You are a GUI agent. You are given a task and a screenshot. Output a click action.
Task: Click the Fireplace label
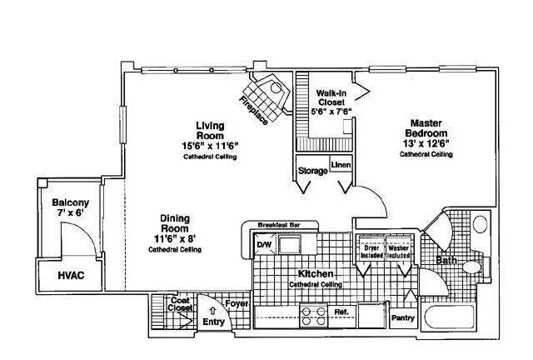point(253,110)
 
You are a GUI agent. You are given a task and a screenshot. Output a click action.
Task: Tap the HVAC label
point(71,275)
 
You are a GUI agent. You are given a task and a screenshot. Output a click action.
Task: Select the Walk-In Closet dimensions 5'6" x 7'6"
point(331,111)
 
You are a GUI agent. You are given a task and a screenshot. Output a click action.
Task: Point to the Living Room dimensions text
point(210,146)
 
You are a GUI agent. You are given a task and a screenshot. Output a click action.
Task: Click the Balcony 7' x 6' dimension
point(70,213)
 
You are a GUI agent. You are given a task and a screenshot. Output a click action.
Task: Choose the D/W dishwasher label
point(264,244)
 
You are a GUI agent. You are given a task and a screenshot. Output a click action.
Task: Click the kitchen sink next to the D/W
point(289,245)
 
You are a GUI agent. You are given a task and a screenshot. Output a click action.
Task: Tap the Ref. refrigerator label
point(341,312)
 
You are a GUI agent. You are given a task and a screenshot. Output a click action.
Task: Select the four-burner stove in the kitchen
point(313,317)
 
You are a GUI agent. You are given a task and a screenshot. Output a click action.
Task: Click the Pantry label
point(403,318)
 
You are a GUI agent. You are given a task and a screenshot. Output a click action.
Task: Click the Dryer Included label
point(371,252)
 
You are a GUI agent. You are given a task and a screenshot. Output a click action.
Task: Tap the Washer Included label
point(398,252)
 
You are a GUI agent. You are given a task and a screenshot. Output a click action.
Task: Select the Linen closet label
point(341,165)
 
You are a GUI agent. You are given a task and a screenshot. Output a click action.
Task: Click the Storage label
point(313,171)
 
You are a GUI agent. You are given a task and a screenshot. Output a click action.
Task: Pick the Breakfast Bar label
point(280,225)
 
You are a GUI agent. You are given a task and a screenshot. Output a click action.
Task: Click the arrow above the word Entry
point(213,311)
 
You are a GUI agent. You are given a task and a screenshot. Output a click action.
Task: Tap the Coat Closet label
point(180,304)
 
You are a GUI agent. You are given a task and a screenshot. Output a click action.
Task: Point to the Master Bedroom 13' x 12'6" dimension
point(426,143)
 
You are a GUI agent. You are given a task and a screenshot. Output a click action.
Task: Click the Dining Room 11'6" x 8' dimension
point(175,239)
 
